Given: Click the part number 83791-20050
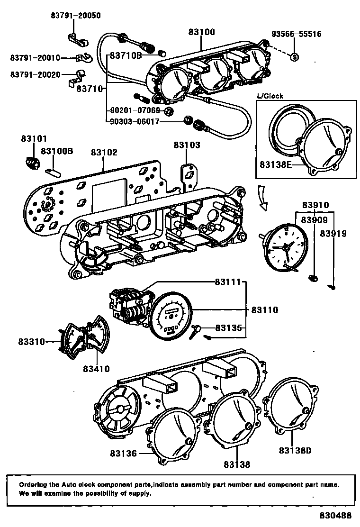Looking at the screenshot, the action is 76,16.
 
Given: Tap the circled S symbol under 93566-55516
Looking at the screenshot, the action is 294,57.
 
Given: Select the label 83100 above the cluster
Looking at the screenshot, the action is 201,32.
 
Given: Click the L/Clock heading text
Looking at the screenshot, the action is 270,96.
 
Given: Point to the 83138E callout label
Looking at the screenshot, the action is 276,164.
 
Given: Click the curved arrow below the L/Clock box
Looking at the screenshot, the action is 263,198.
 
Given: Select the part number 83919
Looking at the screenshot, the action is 333,233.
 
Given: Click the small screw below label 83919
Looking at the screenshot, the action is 332,287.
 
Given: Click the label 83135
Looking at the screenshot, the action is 228,327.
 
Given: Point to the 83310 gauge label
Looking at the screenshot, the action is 32,342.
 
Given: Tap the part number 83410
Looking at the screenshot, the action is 96,369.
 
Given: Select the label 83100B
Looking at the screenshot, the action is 57,151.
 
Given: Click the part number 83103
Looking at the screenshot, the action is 187,145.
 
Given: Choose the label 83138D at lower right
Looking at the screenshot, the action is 295,450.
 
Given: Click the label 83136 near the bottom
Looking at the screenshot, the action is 123,454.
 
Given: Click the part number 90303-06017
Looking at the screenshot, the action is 135,121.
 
